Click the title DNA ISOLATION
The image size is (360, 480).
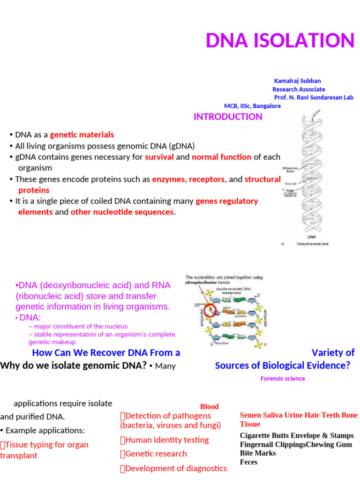280,40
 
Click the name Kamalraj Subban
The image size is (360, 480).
297,81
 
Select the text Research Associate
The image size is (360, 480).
299,89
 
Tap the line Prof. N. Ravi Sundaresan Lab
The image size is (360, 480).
314,97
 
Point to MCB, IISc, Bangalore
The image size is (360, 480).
252,106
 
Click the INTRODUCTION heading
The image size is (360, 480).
228,117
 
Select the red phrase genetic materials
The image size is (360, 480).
82,135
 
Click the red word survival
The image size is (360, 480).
159,157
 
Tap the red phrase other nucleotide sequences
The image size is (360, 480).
122,212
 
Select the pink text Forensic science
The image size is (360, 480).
283,378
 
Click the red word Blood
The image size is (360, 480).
209,406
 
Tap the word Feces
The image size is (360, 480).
248,462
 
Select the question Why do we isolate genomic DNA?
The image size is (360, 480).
74,366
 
